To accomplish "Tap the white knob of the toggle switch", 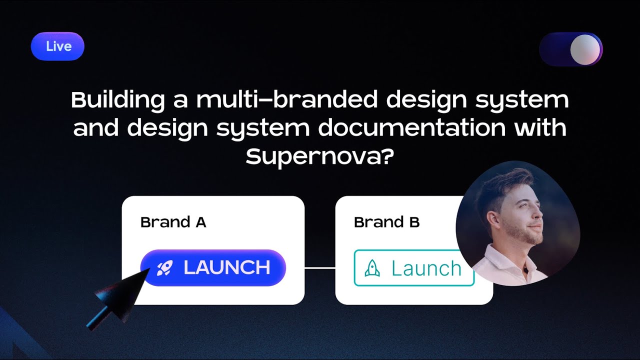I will (585, 49).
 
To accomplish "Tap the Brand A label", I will (173, 222).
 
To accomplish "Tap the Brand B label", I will (386, 222).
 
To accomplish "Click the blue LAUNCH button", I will (213, 268).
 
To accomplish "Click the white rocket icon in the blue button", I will (164, 268).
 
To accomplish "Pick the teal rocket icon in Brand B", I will (372, 268).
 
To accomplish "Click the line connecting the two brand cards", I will (319, 268).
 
